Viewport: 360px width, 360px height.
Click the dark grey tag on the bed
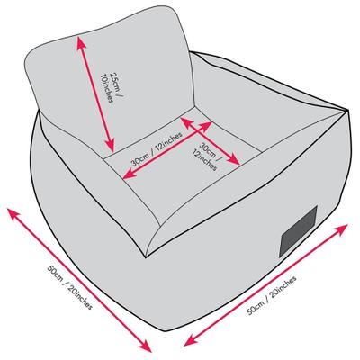(x=298, y=231)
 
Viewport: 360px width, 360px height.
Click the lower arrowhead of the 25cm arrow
(x=112, y=147)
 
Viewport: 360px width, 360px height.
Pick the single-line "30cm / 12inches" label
(x=157, y=149)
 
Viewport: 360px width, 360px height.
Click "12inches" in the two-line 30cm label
(x=204, y=160)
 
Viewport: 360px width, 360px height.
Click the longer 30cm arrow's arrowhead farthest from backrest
(x=127, y=176)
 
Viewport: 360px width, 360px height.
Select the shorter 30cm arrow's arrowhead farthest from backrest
(x=236, y=162)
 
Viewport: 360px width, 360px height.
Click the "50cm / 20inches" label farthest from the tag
(x=69, y=287)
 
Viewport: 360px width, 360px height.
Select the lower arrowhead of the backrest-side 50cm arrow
(x=147, y=347)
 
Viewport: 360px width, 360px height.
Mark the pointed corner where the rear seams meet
(x=347, y=111)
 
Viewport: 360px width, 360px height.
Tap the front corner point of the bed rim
(x=146, y=257)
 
